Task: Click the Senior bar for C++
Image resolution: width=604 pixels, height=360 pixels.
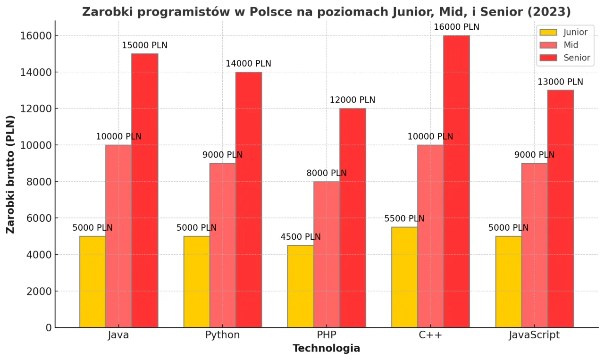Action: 456,182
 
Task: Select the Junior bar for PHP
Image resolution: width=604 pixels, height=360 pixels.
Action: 301,286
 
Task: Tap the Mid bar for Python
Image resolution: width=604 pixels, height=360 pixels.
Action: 223,245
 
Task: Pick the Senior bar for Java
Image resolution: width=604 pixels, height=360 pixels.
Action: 145,191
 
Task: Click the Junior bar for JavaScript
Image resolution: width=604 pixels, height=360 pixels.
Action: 509,282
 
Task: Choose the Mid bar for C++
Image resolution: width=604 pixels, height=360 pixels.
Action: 430,236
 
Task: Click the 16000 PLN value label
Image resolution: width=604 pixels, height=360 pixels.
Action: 456,27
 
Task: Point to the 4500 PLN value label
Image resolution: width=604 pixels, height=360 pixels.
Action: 301,237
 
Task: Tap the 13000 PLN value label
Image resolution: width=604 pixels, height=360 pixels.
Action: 560,82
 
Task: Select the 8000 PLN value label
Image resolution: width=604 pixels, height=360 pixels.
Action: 327,173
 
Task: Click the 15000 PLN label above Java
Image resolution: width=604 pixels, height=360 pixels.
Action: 144,46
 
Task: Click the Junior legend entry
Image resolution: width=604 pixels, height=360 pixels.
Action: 564,33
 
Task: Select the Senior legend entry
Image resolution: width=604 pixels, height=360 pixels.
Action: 564,58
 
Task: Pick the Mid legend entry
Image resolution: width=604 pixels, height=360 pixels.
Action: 564,45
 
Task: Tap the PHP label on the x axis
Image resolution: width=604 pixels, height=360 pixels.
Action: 327,335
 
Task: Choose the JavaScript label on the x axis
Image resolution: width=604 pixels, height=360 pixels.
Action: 534,335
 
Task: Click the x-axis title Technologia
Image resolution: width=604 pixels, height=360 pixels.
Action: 327,349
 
